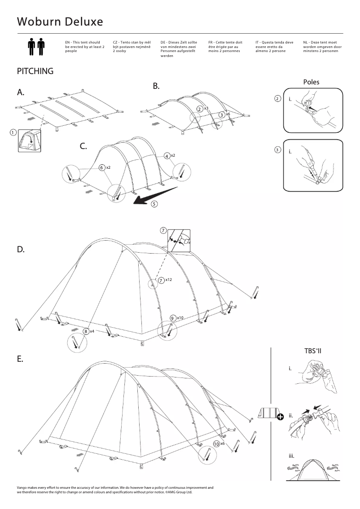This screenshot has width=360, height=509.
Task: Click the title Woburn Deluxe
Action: [60, 22]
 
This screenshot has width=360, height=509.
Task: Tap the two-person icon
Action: [36, 47]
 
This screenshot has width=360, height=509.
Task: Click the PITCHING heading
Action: [35, 71]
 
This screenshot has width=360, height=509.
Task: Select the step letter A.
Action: [21, 92]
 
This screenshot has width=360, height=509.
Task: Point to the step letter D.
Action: [21, 249]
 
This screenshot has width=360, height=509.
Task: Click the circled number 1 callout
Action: [13, 132]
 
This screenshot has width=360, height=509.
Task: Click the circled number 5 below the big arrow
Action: [154, 204]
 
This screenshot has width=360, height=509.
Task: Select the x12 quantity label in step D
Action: [169, 280]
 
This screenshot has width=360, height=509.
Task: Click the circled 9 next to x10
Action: [173, 318]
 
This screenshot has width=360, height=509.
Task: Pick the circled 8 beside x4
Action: [86, 331]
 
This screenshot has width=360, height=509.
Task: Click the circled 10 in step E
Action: [216, 443]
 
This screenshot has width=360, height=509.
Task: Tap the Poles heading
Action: [311, 82]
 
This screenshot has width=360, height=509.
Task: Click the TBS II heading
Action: [313, 351]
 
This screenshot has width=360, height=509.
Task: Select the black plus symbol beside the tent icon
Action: [281, 417]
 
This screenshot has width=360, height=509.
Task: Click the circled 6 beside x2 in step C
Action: [102, 167]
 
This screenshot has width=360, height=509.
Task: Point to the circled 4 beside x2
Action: [167, 156]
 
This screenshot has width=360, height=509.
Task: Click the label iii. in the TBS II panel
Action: [291, 456]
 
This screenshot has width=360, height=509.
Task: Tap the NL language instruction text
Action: [322, 47]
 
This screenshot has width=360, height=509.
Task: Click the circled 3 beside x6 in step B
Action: [221, 115]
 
